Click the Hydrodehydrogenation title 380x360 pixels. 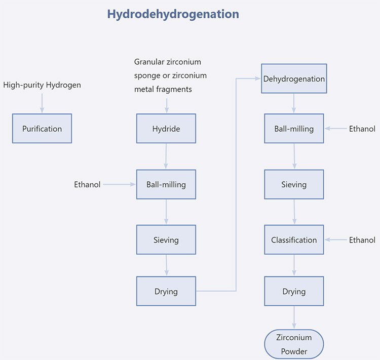click(173, 14)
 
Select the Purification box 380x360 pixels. click(42, 129)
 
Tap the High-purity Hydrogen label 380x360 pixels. click(42, 85)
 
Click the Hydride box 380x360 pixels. click(166, 129)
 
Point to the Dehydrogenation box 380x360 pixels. click(294, 78)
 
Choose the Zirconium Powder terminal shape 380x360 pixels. click(294, 344)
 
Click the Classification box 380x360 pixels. click(294, 239)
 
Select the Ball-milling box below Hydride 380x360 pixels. click(166, 184)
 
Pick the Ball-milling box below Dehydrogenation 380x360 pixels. click(294, 129)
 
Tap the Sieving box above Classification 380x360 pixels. click(294, 184)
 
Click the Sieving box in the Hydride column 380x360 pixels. click(166, 239)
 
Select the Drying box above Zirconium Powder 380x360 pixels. click(294, 291)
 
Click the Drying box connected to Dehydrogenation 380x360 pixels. click(166, 291)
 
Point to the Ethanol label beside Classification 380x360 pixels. click(362, 240)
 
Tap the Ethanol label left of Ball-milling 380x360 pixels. click(87, 185)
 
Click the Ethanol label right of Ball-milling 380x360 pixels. click(362, 129)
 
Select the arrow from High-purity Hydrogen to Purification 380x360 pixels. click(42, 103)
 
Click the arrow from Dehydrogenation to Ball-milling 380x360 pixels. click(294, 103)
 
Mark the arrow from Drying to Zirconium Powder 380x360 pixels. click(294, 317)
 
